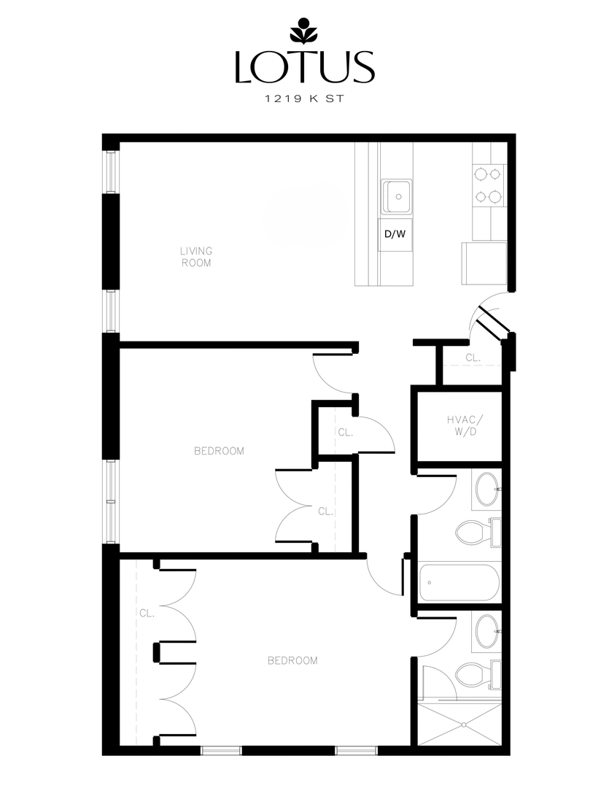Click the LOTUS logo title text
point(304,66)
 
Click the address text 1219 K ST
point(304,100)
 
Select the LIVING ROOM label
point(196,257)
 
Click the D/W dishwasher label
point(395,234)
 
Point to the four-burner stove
point(488,185)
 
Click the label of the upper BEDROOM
point(219,451)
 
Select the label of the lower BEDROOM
point(292,661)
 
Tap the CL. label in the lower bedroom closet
point(147,614)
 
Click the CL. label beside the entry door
point(473,358)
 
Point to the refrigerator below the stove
point(484,264)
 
